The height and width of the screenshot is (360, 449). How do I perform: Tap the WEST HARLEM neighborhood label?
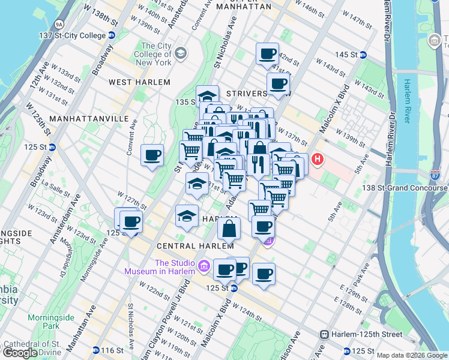(139, 82)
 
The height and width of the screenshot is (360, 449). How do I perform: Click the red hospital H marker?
(317, 160)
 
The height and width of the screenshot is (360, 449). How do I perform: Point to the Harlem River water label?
(407, 100)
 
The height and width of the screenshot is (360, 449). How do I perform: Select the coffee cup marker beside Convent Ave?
(152, 155)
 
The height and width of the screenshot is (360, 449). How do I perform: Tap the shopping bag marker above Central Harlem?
(229, 228)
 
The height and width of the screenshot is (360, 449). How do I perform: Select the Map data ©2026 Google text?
(411, 355)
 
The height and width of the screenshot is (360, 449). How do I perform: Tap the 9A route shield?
(59, 24)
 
